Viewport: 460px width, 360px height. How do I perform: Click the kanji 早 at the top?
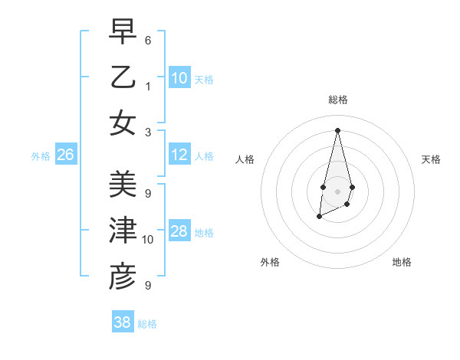point(123,32)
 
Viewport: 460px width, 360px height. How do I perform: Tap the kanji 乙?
point(123,78)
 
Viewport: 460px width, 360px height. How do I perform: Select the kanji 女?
point(123,123)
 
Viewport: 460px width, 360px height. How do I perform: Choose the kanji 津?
point(123,231)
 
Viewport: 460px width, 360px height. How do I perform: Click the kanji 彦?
point(123,277)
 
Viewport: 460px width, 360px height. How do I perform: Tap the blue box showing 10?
point(179,78)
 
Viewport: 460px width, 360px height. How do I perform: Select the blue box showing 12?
point(179,155)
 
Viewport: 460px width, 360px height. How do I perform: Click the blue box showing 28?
point(179,231)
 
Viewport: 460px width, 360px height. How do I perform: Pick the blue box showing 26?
point(66,155)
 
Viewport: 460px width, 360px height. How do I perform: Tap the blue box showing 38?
point(123,322)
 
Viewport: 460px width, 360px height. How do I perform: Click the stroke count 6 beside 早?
point(148,39)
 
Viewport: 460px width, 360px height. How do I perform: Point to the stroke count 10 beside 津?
point(149,239)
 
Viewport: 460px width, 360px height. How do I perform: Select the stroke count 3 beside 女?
point(148,131)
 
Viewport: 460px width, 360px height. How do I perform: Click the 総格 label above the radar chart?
point(338,100)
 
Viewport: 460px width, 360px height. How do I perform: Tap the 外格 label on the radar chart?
point(270,262)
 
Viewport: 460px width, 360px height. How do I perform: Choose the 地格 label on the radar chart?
point(402,262)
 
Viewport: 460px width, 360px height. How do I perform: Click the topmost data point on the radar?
point(337,129)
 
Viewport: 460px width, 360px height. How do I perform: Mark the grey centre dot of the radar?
point(337,191)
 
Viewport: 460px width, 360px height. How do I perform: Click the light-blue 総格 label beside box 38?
point(147,324)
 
